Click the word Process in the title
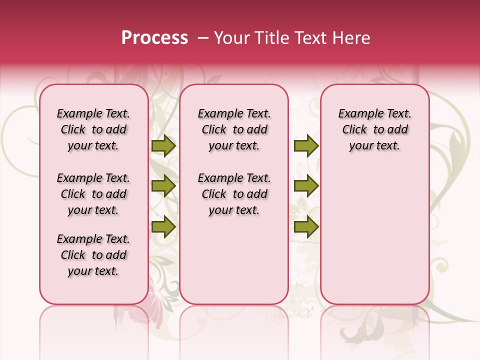[154, 38]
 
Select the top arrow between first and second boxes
[163, 146]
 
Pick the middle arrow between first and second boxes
[163, 186]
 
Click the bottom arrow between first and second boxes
[163, 226]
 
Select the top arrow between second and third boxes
[306, 146]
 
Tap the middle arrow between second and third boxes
[306, 186]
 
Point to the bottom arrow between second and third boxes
[306, 226]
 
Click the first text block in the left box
[93, 129]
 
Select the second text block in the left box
[93, 194]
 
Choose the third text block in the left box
[93, 255]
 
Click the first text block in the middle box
[234, 129]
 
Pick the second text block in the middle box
[234, 194]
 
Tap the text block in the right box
[375, 129]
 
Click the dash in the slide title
[202, 38]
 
